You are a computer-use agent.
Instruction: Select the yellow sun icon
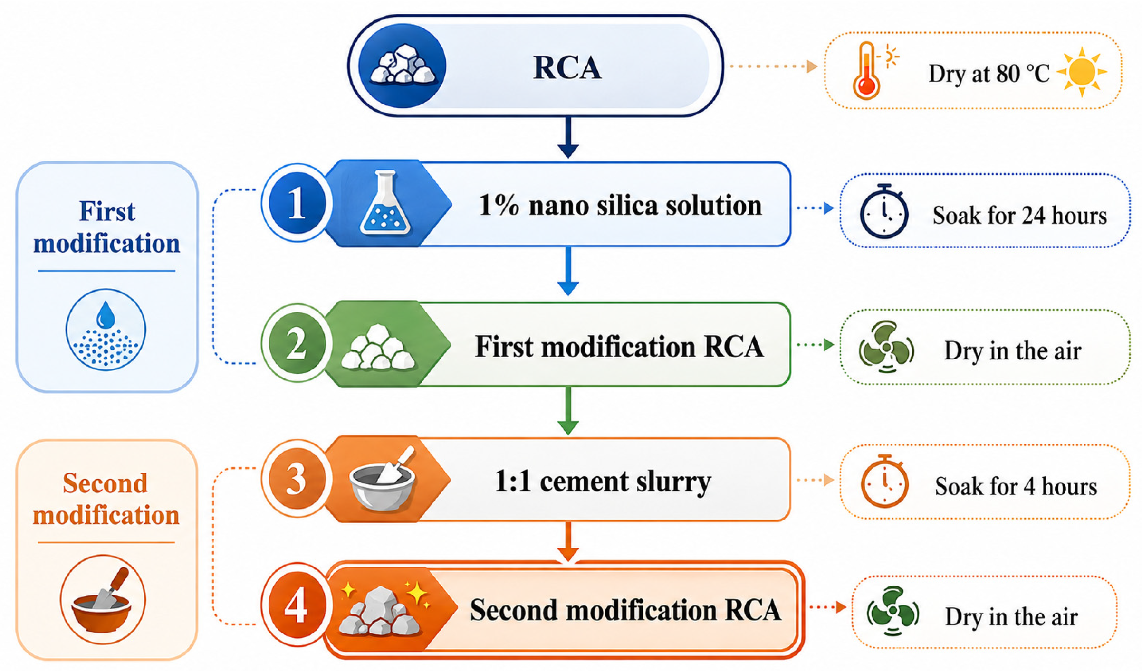pyautogui.click(x=1082, y=72)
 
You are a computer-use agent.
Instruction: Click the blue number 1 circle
pyautogui.click(x=297, y=203)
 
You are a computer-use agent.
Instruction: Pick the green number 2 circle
pyautogui.click(x=297, y=343)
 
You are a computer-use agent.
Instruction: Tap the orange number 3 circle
pyautogui.click(x=297, y=478)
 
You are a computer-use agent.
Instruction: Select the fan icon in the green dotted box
pyautogui.click(x=886, y=347)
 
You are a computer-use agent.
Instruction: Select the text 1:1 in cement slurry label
pyautogui.click(x=513, y=481)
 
